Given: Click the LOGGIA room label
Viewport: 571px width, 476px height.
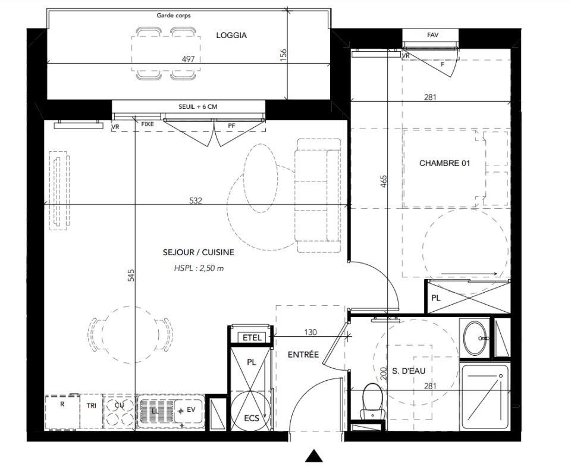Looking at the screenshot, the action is coord(231,35).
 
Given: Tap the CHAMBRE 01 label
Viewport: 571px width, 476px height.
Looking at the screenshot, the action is coord(445,163).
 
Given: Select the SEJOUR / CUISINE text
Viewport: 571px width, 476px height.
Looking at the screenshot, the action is coord(199,252).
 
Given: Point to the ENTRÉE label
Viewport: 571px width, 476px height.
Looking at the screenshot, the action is coord(303,355).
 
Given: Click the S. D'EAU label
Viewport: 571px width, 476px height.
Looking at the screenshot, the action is coord(409,371).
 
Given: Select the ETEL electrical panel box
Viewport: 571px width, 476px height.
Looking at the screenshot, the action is coord(252,337).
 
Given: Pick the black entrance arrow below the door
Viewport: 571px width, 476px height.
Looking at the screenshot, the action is coord(314,456).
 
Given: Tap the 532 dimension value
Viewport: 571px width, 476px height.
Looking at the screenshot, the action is coord(196,201).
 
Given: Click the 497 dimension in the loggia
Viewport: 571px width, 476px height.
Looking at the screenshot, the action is coord(188,59).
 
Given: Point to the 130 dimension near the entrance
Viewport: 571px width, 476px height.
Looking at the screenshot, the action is coord(310,332).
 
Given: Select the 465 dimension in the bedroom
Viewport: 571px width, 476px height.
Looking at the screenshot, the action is coord(384,181).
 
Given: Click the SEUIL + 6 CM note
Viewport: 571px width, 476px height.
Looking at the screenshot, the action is coord(197,107).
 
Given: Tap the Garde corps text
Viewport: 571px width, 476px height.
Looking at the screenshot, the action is coord(173,15).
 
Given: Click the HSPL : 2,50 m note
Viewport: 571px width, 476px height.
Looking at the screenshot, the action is coord(199,268).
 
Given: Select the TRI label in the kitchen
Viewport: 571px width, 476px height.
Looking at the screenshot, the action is coord(92,405).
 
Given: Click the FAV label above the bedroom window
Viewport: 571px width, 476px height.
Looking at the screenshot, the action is coord(432,35).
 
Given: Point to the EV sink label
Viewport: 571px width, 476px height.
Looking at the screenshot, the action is coord(191,410).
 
